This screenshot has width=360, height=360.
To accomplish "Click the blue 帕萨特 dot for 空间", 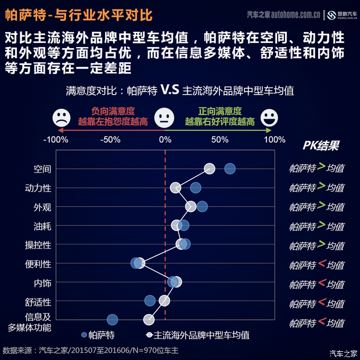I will [x=230, y=168].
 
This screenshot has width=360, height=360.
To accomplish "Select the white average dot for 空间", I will [x=210, y=168].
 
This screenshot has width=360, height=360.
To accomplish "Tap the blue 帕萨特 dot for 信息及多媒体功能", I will [x=113, y=319].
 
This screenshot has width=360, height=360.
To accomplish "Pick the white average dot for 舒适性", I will [x=164, y=300].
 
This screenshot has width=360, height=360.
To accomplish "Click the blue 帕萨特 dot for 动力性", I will [x=196, y=187].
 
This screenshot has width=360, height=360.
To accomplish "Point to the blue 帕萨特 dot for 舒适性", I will [x=150, y=300].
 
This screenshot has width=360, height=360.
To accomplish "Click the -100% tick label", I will [x=56, y=139].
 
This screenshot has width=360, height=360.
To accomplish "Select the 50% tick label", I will [x=219, y=139].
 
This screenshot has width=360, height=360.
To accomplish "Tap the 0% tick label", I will [x=165, y=139].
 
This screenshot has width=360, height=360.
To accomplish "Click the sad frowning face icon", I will [x=60, y=118].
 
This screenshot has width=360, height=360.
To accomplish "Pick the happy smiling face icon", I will [x=269, y=118].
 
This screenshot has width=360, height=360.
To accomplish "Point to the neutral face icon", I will [x=165, y=118].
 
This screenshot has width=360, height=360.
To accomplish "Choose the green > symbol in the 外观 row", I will [x=321, y=206].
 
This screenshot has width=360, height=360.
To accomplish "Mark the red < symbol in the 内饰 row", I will [x=321, y=283].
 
